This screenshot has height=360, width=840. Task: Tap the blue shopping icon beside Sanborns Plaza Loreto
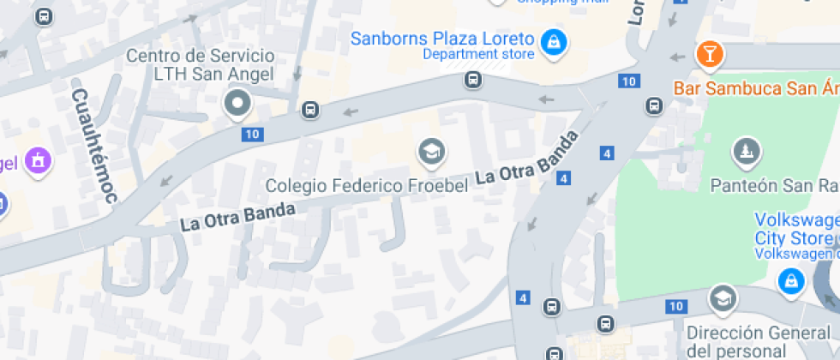tap(555, 40)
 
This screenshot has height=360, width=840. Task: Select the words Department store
tap(478, 55)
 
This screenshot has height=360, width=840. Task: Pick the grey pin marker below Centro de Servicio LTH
tap(236, 105)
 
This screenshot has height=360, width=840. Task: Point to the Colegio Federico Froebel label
tap(367, 185)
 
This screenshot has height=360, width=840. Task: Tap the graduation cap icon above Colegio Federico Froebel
tap(431, 153)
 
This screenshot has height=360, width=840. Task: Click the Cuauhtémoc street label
tap(94, 146)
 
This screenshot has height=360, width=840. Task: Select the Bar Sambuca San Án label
tap(755, 87)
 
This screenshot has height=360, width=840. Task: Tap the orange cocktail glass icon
tap(710, 55)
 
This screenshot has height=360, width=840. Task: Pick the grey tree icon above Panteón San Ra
tap(746, 153)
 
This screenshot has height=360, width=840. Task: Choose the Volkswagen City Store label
tap(795, 228)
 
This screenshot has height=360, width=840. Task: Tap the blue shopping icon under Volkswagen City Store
tap(789, 279)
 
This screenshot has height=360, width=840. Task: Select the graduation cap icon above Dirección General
tap(723, 298)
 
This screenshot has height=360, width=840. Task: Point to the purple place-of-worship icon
tap(37, 160)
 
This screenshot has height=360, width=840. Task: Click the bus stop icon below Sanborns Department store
tap(472, 81)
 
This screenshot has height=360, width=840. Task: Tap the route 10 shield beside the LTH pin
tap(251, 134)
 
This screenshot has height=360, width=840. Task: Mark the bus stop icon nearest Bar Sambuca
tap(654, 106)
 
